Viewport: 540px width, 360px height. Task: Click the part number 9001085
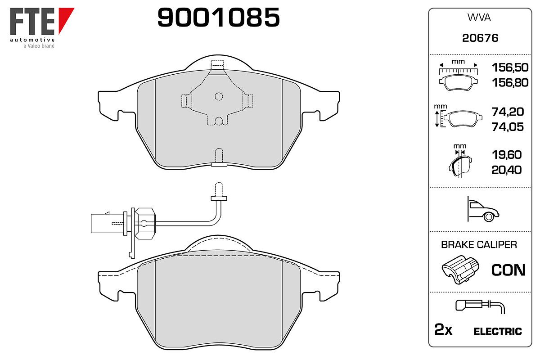pos(218,17)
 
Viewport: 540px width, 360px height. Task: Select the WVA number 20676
pos(480,38)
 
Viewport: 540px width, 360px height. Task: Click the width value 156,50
pos(510,67)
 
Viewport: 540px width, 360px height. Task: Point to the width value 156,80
pos(510,82)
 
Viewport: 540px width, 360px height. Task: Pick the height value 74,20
pos(508,112)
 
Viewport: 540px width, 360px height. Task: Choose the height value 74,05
pos(508,127)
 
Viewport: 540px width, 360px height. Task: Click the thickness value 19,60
pos(507,154)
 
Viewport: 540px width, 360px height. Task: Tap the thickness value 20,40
pos(507,170)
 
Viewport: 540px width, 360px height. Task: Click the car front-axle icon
pos(483,209)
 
